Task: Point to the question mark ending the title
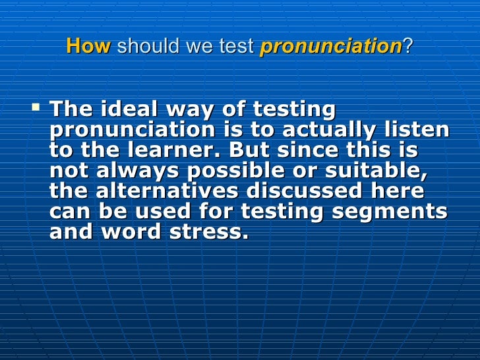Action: [406, 47]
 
